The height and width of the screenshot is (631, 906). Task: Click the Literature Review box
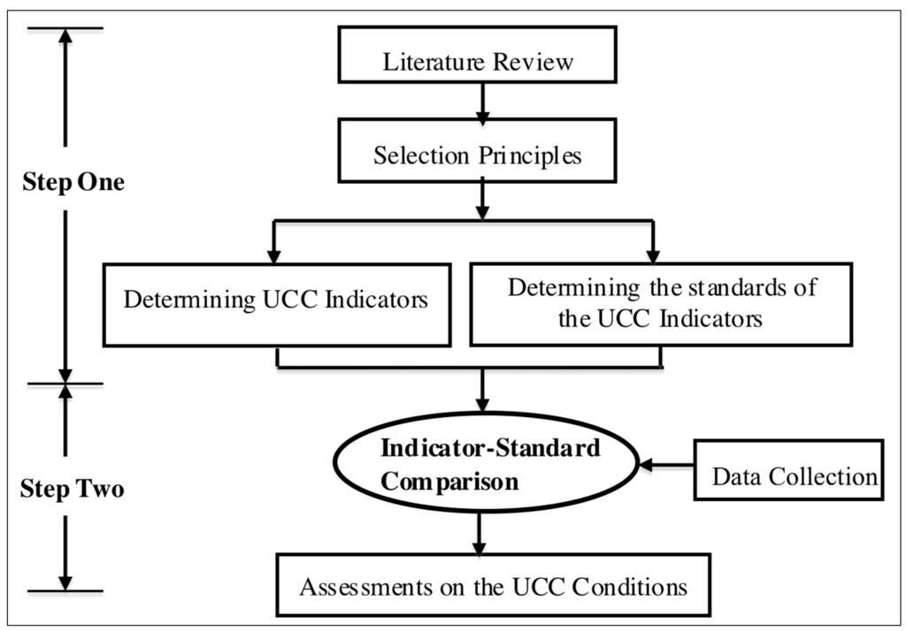pyautogui.click(x=479, y=61)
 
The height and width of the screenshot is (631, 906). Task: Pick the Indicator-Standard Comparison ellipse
pyautogui.click(x=484, y=465)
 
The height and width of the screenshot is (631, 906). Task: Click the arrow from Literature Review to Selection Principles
pyautogui.click(x=481, y=103)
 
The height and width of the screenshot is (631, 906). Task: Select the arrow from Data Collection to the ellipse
pyautogui.click(x=664, y=464)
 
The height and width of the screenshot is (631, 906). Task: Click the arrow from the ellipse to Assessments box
pyautogui.click(x=480, y=534)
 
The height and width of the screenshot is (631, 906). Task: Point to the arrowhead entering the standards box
pyautogui.click(x=653, y=253)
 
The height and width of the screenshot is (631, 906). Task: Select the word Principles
pyautogui.click(x=533, y=156)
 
